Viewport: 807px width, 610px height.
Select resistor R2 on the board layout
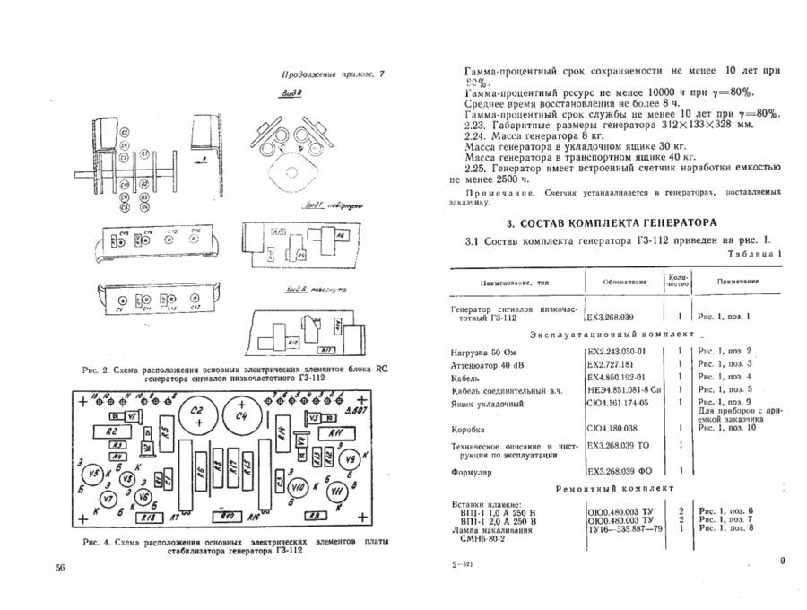[x=112, y=431]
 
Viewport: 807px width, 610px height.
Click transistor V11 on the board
[x=336, y=492]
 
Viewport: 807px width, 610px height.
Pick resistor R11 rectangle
[x=333, y=433]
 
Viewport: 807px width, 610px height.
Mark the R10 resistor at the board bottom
[x=227, y=516]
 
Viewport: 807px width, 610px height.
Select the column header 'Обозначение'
[x=623, y=283]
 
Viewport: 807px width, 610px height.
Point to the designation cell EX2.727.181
[x=615, y=364]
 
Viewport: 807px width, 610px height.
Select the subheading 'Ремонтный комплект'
[x=613, y=490]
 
